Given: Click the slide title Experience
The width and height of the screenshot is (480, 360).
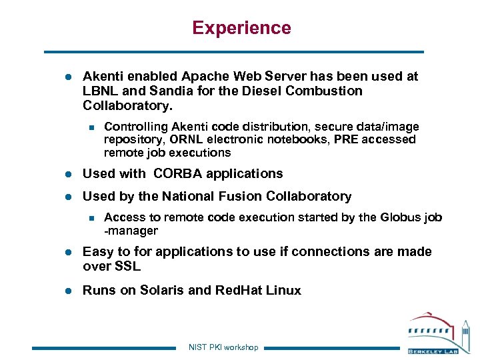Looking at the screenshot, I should tap(241, 28).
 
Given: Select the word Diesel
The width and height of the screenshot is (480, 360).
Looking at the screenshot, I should tap(257, 91).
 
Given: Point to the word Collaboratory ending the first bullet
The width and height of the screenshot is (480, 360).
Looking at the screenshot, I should tap(126, 106).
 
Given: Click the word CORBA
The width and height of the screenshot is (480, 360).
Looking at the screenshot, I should tap(178, 174).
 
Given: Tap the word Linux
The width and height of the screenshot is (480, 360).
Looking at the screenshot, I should tap(283, 291).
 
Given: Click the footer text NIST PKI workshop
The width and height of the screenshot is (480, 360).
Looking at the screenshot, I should tap(223, 347).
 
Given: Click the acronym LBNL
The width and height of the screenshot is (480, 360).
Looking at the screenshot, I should tap(101, 91).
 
